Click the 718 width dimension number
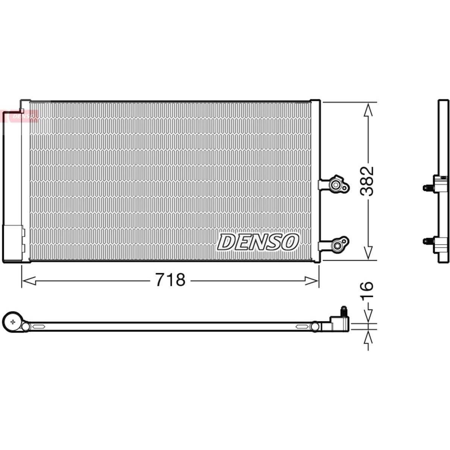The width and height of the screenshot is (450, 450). (x=170, y=280)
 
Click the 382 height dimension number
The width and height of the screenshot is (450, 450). (x=367, y=181)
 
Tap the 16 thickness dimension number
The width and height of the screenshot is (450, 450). (x=367, y=291)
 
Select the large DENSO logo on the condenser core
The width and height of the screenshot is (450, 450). (x=258, y=242)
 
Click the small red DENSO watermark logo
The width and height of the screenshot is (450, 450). (x=20, y=116)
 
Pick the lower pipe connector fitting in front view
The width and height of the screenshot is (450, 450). (x=334, y=244)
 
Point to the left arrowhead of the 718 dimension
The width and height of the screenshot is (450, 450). (x=29, y=281)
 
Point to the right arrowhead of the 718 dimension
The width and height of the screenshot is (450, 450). (x=312, y=281)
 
